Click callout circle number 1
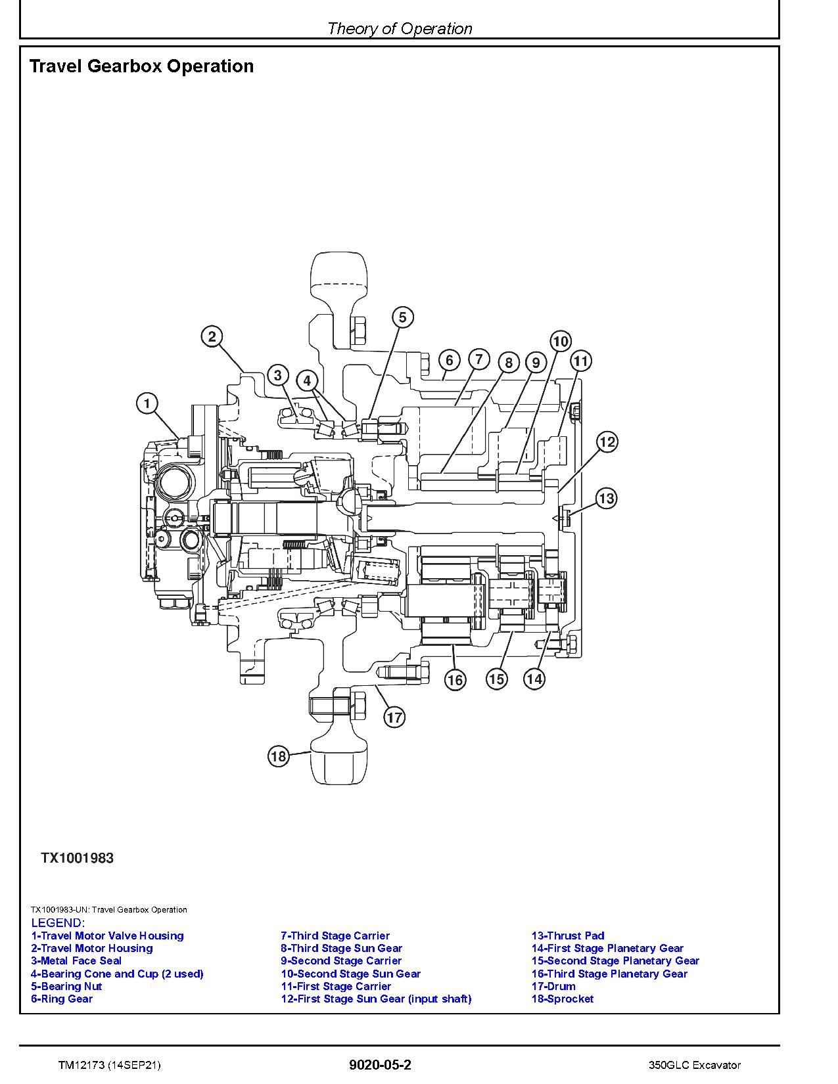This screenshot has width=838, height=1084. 147,403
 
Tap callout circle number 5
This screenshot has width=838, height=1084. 403,317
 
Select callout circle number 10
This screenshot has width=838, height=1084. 560,341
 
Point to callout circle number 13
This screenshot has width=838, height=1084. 606,499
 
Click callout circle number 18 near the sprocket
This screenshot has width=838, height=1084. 279,756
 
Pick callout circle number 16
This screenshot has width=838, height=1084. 455,679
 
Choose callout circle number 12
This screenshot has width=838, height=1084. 607,442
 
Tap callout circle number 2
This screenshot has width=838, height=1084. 212,337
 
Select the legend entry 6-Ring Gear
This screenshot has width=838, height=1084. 62,999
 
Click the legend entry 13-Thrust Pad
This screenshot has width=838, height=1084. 567,936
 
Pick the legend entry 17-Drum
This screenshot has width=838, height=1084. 553,986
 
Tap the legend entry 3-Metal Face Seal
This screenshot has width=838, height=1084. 76,960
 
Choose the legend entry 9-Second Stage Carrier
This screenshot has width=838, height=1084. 340,960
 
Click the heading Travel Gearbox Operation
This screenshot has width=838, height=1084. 141,66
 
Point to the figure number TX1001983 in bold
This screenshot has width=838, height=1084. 77,858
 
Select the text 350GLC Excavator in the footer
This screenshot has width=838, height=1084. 693,1065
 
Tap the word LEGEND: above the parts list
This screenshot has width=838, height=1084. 58,923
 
